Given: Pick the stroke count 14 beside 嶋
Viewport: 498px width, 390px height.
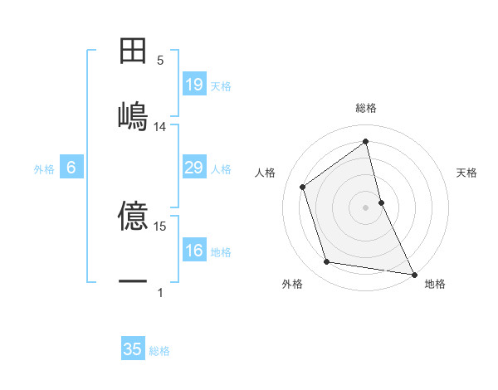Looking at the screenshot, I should pos(160,127).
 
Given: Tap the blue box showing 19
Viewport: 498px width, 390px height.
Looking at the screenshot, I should pos(193,85).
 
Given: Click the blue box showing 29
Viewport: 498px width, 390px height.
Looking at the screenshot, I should pos(193,168).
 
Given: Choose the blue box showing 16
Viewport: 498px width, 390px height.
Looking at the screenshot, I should pos(193,251).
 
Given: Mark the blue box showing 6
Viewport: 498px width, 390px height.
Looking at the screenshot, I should pos(71,168).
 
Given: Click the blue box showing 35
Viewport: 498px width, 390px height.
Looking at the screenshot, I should pos(133,349).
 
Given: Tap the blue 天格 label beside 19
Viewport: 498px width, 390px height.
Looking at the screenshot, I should pos(221,86).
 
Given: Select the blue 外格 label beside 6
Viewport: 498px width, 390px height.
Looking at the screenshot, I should pos(44,169).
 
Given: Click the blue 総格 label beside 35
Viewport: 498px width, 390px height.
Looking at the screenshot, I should pos(159,351).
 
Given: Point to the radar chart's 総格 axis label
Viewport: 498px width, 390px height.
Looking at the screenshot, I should pos(366,108).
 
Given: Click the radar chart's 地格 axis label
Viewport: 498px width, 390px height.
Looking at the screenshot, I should pos(435,284).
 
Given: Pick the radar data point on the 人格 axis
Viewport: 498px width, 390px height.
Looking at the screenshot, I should pos(302,187).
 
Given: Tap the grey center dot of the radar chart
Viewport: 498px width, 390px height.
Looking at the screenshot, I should pos(366,207).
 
